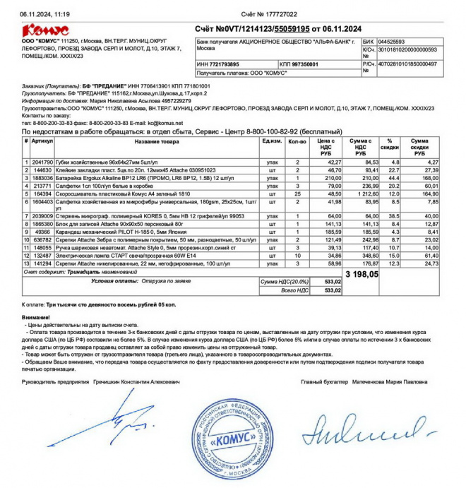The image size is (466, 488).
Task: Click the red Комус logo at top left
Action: click(46, 30)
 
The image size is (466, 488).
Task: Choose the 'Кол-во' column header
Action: click(297, 142)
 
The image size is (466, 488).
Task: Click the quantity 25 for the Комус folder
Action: click(297, 193)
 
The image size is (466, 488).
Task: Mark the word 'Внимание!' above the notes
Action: click(35, 317)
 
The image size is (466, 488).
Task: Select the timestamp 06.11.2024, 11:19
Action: click(44, 14)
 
